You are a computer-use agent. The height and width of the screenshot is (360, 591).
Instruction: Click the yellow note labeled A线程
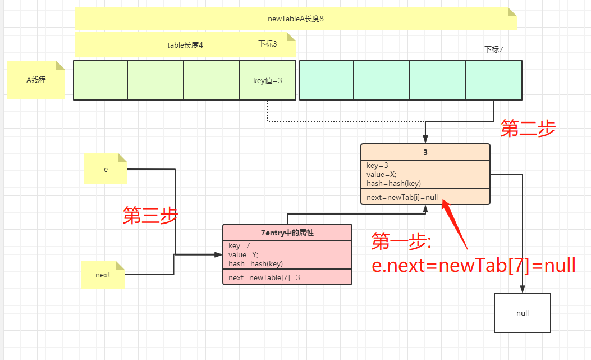(x=36, y=80)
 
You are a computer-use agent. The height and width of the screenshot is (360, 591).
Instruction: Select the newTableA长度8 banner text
(x=296, y=19)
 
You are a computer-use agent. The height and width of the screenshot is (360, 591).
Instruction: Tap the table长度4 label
(x=185, y=45)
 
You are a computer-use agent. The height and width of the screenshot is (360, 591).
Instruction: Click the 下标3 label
(x=268, y=44)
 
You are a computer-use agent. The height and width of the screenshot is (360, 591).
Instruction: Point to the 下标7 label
(x=493, y=49)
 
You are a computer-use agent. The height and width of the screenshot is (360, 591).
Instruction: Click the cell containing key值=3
(x=268, y=80)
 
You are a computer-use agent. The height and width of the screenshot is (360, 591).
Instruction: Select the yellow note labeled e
(x=106, y=168)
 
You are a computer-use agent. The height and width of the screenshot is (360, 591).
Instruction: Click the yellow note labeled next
(x=103, y=275)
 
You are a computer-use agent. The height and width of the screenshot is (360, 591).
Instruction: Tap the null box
(x=523, y=313)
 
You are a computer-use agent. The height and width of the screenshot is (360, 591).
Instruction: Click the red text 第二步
(x=528, y=129)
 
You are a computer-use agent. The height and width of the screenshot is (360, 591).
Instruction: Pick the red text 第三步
(x=150, y=216)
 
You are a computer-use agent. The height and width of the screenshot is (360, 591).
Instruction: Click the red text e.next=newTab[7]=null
(x=474, y=265)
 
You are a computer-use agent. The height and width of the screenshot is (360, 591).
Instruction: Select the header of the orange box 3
(x=425, y=152)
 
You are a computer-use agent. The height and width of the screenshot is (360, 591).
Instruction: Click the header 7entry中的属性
(x=287, y=232)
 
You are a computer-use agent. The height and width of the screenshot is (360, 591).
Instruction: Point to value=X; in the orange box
(x=382, y=174)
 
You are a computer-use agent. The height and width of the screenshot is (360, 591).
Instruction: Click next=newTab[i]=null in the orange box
(x=402, y=197)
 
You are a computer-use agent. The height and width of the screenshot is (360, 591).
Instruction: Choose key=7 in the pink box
(x=240, y=245)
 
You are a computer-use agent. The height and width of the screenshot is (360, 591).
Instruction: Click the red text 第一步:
(x=401, y=242)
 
